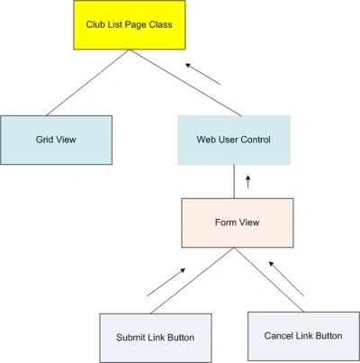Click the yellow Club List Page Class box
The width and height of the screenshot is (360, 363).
(130, 25)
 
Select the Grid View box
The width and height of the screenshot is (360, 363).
(56, 140)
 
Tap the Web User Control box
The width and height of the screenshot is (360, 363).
(234, 140)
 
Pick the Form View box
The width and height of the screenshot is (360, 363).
(238, 222)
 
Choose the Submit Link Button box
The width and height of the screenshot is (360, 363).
(156, 338)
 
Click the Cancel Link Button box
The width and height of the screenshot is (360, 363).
(303, 336)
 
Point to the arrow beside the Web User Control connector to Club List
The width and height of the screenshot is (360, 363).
(202, 74)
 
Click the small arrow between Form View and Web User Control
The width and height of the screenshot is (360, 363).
(247, 182)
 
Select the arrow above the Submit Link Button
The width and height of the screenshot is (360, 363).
(166, 282)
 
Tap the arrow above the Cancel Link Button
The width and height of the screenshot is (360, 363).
(286, 278)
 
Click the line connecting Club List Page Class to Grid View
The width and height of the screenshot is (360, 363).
(88, 83)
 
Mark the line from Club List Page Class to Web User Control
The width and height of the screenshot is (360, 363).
(185, 83)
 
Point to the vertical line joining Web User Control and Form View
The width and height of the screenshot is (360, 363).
(234, 181)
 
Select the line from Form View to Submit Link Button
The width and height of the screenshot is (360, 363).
(193, 281)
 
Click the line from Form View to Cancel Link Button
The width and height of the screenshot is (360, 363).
(269, 280)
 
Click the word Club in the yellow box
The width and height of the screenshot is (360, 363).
(94, 24)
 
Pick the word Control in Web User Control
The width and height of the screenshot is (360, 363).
(256, 140)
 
